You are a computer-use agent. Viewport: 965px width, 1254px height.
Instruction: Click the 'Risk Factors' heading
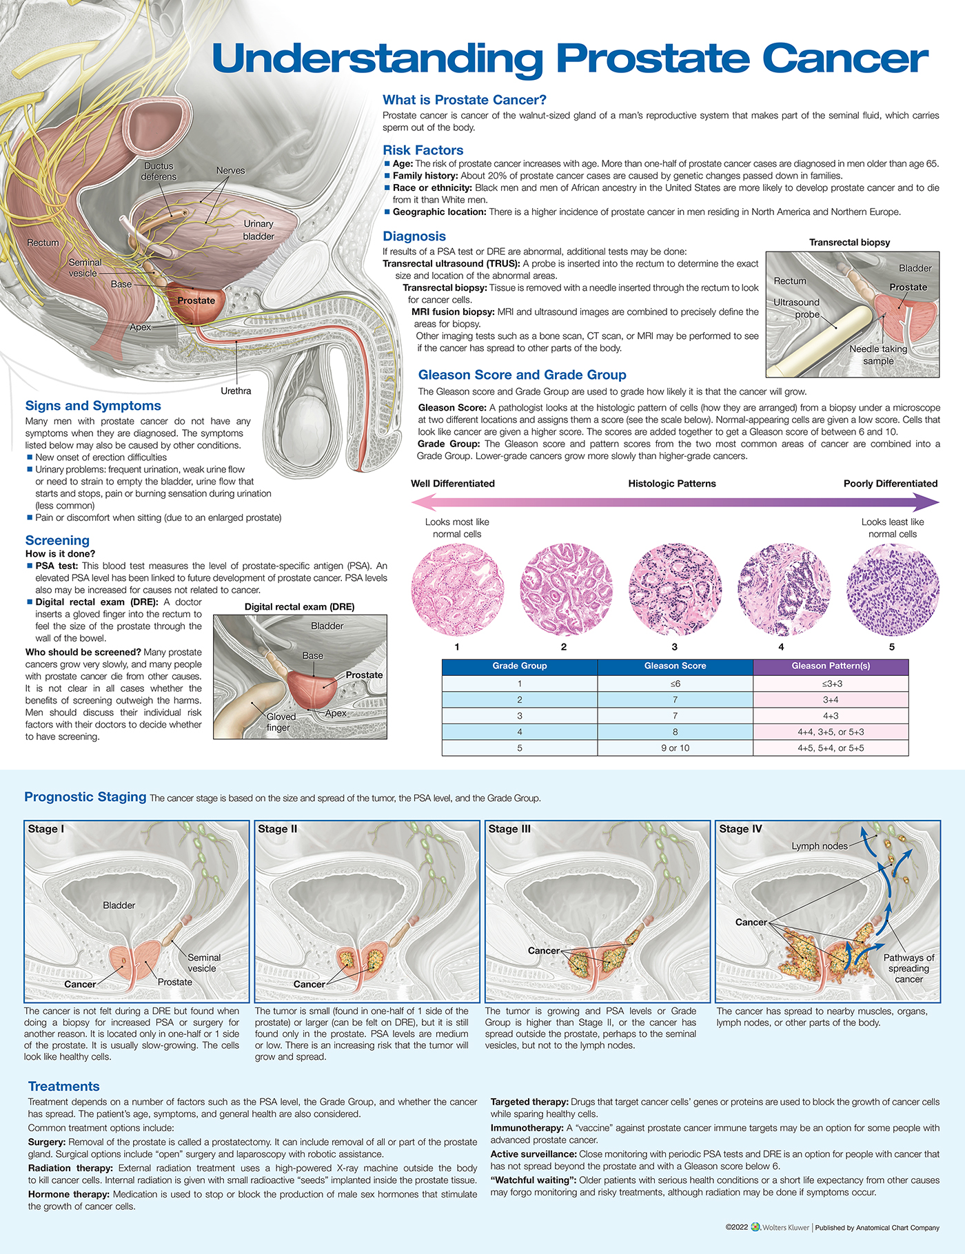[423, 150]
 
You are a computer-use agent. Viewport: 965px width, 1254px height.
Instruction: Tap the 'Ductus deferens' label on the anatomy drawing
[159, 172]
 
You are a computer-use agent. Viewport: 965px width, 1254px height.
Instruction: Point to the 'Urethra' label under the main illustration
[236, 391]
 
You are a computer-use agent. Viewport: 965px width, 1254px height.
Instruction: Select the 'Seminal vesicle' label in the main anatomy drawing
[84, 268]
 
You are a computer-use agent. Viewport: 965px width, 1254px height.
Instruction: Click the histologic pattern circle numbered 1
[457, 590]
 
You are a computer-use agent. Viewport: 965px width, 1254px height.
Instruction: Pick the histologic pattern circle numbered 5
[893, 590]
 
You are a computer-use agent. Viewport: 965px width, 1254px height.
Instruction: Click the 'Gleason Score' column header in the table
[675, 666]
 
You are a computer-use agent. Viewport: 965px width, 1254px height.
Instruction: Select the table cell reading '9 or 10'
[675, 748]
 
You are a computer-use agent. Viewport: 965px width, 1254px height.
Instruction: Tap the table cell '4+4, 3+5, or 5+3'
[831, 732]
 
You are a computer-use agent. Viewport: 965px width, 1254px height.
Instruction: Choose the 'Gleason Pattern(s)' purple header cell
[831, 666]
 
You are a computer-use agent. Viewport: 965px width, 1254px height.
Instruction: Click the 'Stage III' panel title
[509, 829]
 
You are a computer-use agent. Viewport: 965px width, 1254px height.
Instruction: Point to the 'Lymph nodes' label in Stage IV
[820, 846]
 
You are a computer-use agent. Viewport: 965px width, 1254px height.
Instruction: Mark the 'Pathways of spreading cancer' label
[908, 968]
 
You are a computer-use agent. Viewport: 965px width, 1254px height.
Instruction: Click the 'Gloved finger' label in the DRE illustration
[281, 722]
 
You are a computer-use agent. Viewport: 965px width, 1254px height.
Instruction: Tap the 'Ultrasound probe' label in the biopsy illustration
[797, 308]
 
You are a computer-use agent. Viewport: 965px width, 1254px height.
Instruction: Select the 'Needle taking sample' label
[878, 355]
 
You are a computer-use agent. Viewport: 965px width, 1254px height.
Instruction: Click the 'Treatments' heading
[63, 1087]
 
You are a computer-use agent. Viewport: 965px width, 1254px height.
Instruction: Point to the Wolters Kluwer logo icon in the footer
[755, 1227]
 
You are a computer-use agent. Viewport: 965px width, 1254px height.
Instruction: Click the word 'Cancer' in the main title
[845, 59]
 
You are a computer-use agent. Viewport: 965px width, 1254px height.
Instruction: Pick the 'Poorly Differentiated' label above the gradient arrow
[890, 484]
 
